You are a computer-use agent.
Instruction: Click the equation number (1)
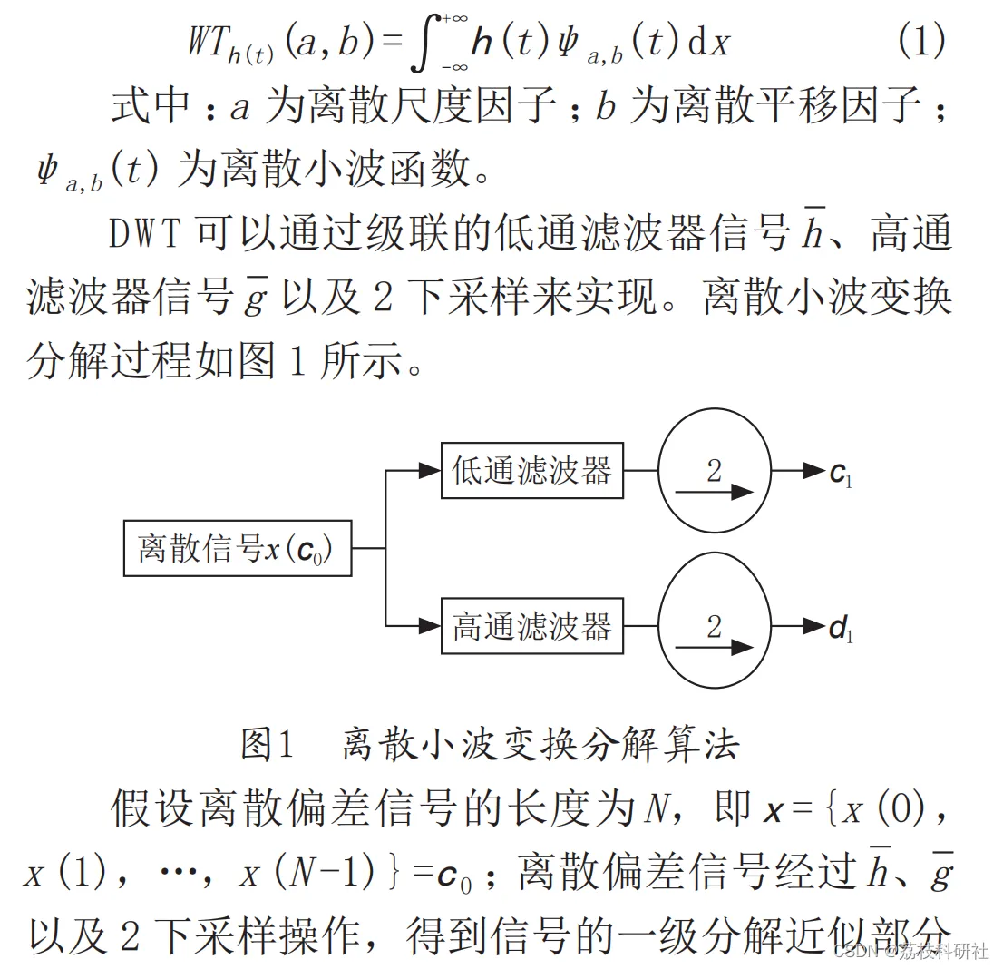tap(921, 40)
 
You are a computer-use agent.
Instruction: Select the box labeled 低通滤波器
tap(532, 470)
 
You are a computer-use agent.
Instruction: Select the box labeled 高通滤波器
tap(532, 626)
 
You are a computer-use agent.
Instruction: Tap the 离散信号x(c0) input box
tap(238, 549)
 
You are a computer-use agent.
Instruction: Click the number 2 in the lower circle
tap(714, 626)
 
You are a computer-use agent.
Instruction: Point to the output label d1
tap(841, 629)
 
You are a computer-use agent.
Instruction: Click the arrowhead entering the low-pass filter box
tap(430, 470)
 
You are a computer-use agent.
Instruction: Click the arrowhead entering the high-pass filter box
tap(430, 625)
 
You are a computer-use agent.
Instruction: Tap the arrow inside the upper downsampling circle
tap(715, 492)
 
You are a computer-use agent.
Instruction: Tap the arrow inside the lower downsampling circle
tap(715, 647)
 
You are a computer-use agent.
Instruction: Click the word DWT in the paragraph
tap(145, 232)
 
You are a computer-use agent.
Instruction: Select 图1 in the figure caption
tap(268, 744)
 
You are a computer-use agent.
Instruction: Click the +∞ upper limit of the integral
tap(455, 18)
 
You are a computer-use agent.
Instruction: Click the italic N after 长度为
tap(656, 808)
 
